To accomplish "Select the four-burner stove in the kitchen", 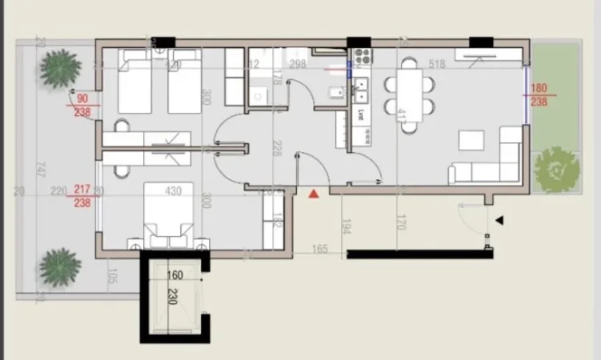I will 362,57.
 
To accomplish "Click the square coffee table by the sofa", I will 471,141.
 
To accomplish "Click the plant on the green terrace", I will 557,170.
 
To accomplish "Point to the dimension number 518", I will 436,65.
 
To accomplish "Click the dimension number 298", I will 298,65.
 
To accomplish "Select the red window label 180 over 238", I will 539,95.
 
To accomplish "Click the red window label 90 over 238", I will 81,106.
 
